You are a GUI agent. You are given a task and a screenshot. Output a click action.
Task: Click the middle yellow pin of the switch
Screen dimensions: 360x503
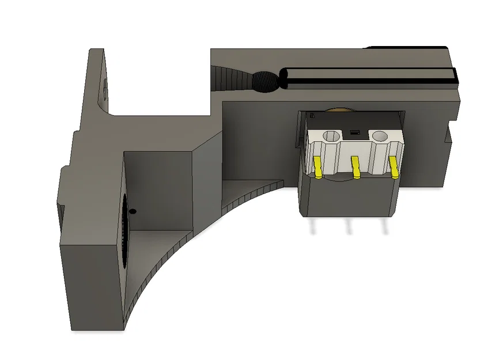[x=355, y=167]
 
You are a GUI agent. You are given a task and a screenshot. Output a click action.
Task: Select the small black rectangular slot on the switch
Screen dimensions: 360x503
[x=354, y=133]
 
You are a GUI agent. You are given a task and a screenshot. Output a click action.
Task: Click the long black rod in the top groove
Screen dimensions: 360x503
[x=369, y=77]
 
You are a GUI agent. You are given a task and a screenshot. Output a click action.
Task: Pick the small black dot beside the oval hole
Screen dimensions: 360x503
[x=133, y=211]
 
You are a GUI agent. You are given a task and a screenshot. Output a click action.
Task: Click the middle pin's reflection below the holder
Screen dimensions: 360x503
[x=348, y=227]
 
